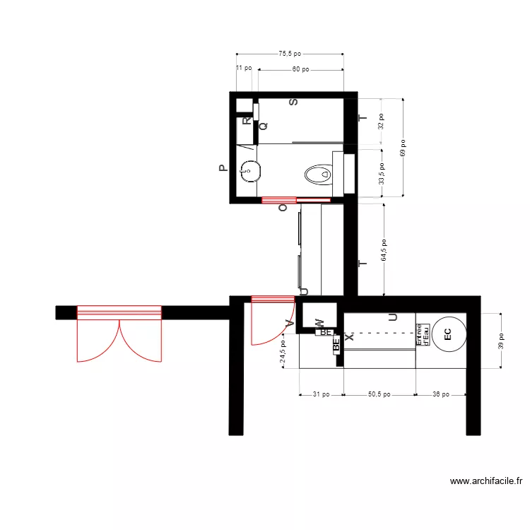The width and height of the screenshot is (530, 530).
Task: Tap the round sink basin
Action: coord(248,170)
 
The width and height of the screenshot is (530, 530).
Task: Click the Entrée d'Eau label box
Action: coord(423,334)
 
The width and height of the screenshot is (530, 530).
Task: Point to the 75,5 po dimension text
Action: coord(290,53)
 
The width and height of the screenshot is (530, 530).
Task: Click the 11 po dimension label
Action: coord(244,68)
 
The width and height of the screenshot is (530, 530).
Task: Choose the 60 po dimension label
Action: coord(301,69)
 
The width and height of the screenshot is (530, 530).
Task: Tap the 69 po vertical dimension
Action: coord(403,147)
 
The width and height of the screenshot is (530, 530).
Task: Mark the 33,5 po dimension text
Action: coord(381,172)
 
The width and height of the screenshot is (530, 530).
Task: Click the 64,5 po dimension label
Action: coord(384,249)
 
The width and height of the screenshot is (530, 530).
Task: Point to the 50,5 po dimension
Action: coord(379,394)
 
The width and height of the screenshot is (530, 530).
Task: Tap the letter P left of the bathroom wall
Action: coord(222,168)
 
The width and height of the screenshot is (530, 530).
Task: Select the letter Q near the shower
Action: coord(264,126)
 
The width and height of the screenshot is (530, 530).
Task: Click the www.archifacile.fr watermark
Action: coord(485,481)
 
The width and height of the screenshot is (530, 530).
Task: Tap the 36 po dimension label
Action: coord(440,394)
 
